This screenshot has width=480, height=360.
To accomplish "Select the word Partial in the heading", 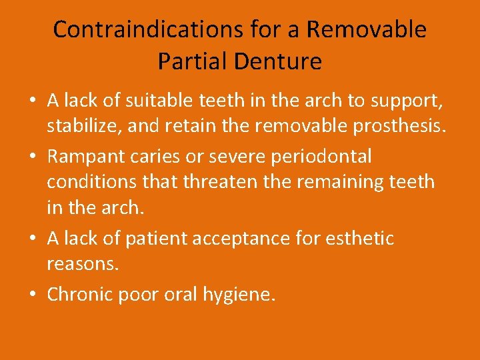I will pyautogui.click(x=189, y=61).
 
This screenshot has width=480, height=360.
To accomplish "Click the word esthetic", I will pyautogui.click(x=361, y=238).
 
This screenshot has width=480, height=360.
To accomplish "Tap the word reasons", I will pyautogui.click(x=83, y=264).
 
